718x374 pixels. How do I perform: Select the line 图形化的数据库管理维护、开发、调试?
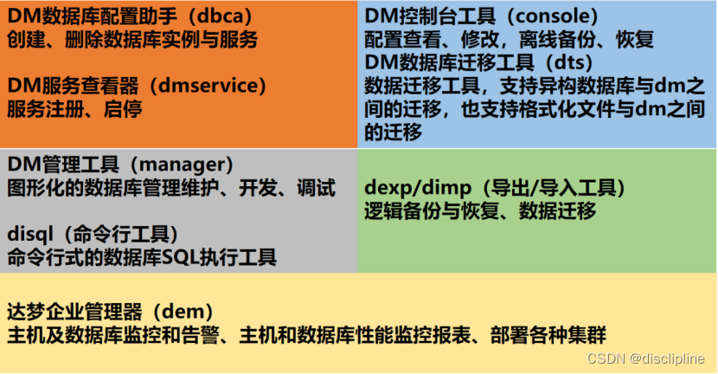[x=171, y=188]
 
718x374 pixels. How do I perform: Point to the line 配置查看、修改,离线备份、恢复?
[x=509, y=40]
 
